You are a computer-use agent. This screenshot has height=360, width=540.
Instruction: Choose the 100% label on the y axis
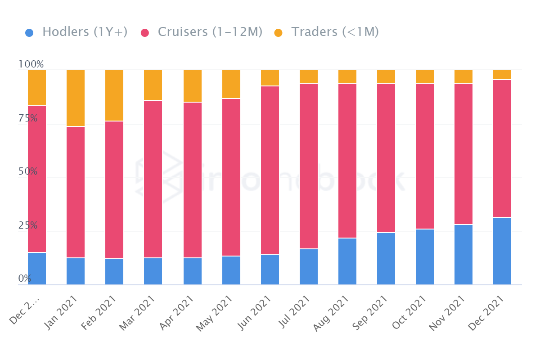(31, 64)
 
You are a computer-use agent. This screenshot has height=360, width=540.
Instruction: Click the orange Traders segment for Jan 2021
(76, 98)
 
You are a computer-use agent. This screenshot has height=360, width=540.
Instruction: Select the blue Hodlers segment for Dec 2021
(502, 251)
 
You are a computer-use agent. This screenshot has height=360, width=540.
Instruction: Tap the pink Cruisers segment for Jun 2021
(270, 170)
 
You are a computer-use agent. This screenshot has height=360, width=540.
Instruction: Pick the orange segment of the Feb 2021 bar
(114, 95)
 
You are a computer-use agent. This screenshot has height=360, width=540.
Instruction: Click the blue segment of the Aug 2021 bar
(347, 261)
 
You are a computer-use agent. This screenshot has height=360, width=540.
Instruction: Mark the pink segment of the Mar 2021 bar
(153, 179)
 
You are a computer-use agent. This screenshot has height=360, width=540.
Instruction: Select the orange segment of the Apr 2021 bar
(193, 86)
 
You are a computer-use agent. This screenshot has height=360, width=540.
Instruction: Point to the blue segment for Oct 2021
(425, 256)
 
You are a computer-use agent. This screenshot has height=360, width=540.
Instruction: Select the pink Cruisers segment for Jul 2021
(309, 166)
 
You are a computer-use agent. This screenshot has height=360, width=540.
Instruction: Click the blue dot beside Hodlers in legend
(29, 32)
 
